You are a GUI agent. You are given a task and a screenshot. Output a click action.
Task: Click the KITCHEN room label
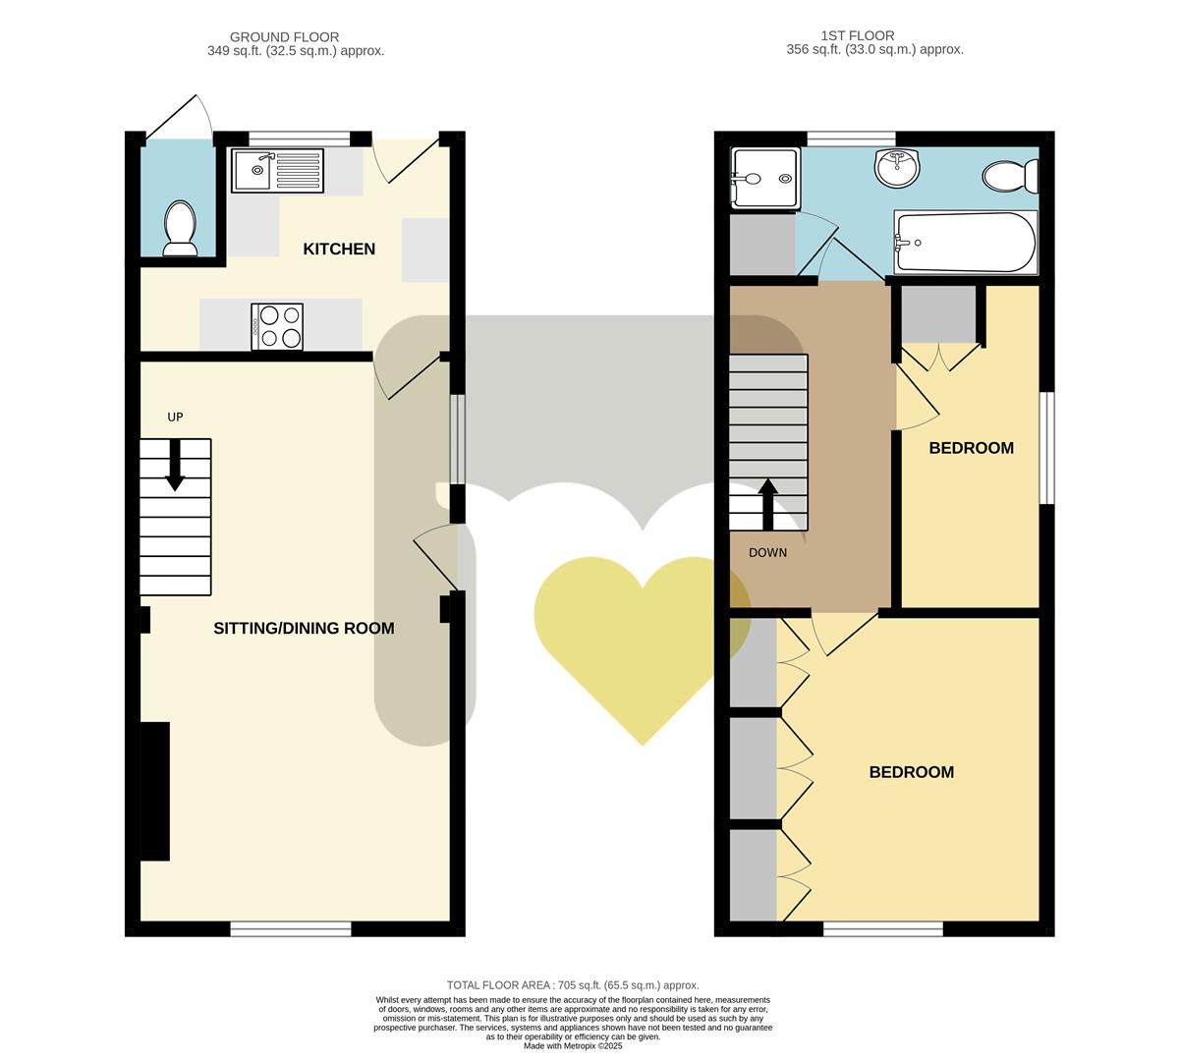[x=339, y=250]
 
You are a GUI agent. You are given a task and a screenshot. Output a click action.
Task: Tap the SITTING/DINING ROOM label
[x=304, y=629]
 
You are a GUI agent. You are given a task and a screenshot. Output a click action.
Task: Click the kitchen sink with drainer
[x=278, y=171]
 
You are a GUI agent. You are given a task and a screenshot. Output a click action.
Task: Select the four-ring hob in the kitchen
[x=277, y=326]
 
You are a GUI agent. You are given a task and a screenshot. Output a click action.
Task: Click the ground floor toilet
[x=179, y=228]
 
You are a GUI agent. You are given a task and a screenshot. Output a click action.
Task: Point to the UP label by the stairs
[x=175, y=417]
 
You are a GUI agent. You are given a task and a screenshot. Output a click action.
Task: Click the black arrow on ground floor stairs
[x=175, y=465]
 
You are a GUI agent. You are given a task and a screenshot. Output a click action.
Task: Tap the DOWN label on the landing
[x=767, y=553]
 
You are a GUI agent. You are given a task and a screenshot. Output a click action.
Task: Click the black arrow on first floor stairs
[x=767, y=502]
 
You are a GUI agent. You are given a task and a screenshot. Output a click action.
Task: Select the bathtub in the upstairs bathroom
[x=965, y=243]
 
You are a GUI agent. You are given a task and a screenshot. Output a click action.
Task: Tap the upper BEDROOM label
[x=971, y=448]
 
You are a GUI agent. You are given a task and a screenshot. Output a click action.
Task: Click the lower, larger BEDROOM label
[x=911, y=772]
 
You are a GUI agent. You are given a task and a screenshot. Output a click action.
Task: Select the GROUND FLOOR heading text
[x=285, y=37]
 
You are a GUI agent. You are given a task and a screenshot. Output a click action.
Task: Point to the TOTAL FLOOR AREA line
[x=573, y=985]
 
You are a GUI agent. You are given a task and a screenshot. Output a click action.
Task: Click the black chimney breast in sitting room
[x=155, y=791]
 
